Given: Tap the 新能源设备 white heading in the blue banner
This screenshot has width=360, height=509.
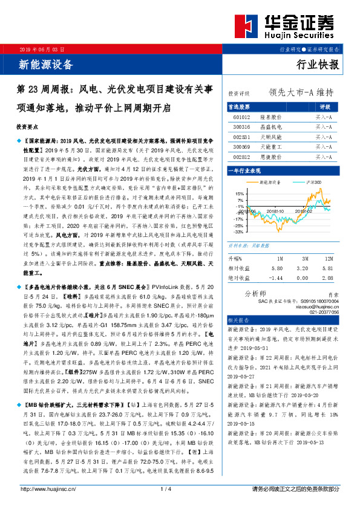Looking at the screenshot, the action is (47, 65).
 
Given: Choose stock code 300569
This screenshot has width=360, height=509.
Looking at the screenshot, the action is (241, 146).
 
